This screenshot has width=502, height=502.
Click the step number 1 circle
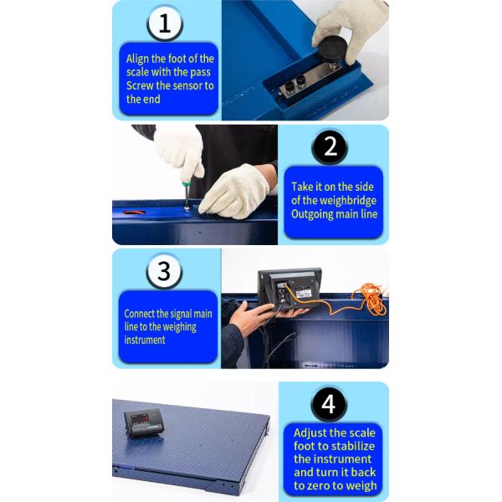tap(165, 23)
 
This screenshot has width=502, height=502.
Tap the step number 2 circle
tap(330, 147)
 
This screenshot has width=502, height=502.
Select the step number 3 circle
tap(164, 271)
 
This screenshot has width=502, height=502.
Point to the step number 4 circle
tap(329, 404)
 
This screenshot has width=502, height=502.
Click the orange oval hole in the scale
tap(135, 213)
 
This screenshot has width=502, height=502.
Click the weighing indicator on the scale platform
tap(145, 423)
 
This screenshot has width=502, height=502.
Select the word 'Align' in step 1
tap(137, 59)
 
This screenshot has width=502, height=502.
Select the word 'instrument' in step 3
tap(145, 340)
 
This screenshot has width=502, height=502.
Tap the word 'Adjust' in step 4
tap(309, 433)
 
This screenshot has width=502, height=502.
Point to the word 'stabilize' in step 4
tap(352, 446)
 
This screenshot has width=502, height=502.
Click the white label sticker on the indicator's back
tap(302, 293)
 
